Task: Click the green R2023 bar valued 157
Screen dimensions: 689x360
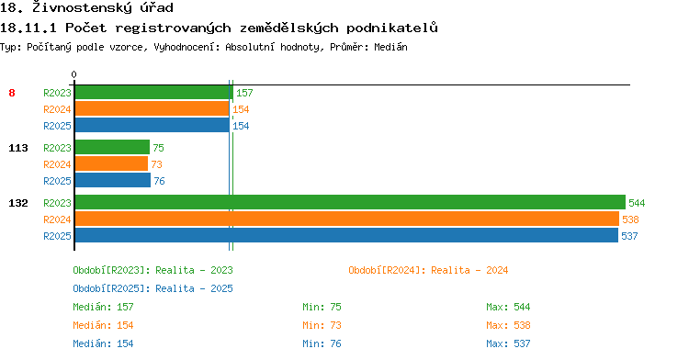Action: tap(153, 93)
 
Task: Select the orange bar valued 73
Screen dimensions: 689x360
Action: tap(111, 164)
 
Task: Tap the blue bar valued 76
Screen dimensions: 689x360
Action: tap(113, 180)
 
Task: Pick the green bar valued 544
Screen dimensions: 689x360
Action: tap(350, 202)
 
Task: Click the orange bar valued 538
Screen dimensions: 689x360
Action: tap(347, 219)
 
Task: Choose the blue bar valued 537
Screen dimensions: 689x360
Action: tap(346, 235)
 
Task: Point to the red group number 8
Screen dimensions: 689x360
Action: tap(12, 93)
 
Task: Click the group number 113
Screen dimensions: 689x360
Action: tap(18, 148)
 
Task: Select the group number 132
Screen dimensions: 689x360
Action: tap(18, 203)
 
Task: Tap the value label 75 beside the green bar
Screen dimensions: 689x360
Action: tap(159, 148)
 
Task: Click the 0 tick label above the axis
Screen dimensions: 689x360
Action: tap(73, 74)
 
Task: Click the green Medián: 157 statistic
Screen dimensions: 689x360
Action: tap(103, 307)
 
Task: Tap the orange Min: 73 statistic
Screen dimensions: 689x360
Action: tap(322, 325)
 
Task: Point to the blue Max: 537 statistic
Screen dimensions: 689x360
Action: tap(508, 343)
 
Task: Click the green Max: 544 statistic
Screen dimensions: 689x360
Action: tap(508, 307)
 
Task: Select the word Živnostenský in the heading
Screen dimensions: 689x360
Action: tap(82, 7)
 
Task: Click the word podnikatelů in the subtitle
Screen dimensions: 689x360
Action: tap(392, 28)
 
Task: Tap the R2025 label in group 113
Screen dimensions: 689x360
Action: tap(57, 181)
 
